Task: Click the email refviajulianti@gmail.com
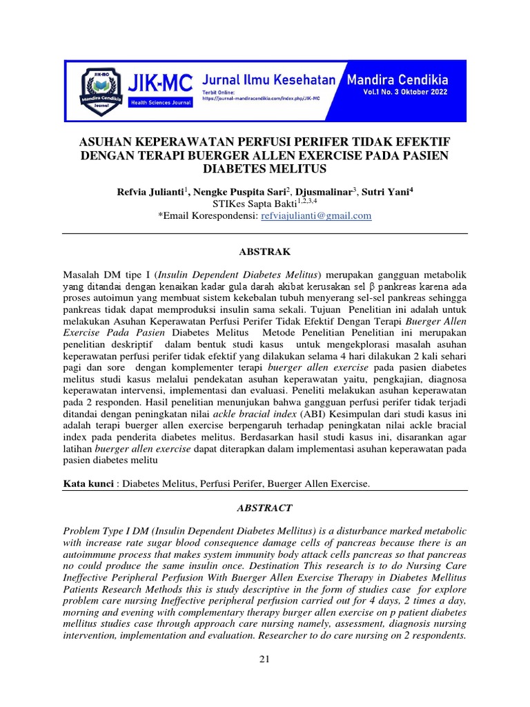(315, 215)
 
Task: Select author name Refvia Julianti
(153, 191)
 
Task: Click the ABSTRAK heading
(264, 252)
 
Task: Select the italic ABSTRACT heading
(264, 507)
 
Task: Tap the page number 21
(264, 659)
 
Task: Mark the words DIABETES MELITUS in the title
(264, 168)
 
